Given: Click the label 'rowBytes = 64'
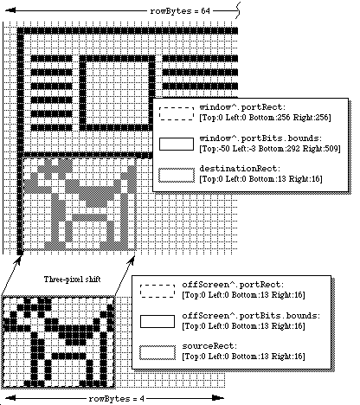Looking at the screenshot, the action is tap(180, 11).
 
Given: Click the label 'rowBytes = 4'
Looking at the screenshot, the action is tap(117, 399).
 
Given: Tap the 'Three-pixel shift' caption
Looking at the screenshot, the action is tap(72, 280).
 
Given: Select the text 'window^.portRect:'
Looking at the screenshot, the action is tap(242, 107).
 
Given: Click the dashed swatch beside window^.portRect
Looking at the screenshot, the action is tap(177, 113).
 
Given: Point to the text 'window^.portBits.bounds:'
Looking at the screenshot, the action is tap(260, 138).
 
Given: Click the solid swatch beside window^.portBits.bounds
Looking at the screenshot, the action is tap(177, 144).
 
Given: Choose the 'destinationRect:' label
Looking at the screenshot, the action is tap(240, 169).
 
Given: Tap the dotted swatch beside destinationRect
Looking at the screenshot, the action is tap(177, 175).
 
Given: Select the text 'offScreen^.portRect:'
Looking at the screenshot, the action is tap(233, 285).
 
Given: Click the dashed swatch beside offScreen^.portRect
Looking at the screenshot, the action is tap(157, 291).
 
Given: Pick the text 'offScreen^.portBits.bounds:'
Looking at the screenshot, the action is tap(251, 316).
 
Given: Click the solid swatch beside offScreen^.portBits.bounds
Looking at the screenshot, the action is tap(157, 321).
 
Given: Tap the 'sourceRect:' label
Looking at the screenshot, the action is tap(209, 346).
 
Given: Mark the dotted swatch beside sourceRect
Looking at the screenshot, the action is tap(157, 352).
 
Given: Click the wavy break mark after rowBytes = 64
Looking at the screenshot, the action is tap(238, 10).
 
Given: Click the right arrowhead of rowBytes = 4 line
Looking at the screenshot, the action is tap(218, 398).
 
